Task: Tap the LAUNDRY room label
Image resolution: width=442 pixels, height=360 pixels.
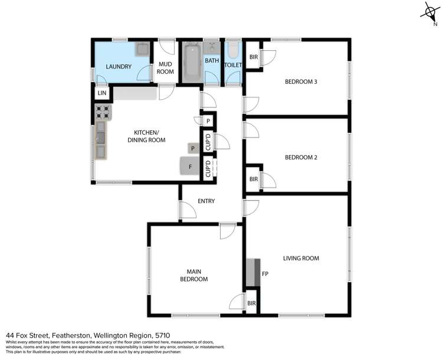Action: point(118,67)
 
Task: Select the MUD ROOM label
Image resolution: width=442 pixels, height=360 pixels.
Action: point(165,68)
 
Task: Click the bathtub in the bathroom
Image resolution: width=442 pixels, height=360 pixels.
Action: point(191,62)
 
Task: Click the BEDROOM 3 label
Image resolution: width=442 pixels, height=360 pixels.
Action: point(301,81)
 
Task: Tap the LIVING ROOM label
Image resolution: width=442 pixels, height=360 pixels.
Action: point(300,258)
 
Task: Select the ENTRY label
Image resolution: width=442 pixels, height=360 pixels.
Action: point(206,201)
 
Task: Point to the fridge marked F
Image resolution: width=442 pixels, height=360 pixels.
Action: point(190,166)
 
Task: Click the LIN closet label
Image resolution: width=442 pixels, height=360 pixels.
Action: point(102,93)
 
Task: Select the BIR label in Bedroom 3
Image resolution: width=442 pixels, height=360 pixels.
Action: point(254,57)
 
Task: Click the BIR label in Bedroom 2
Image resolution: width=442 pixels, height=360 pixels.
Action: point(254,179)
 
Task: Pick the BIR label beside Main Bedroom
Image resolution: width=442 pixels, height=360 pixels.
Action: point(251,303)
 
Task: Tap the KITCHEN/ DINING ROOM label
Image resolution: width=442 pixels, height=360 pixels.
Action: point(146,136)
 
